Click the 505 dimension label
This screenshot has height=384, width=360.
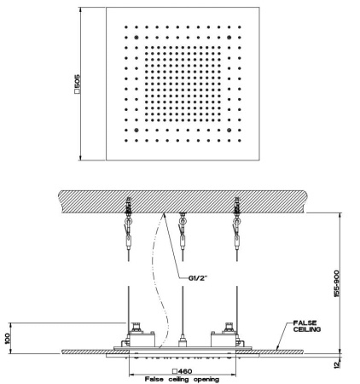(x=78, y=82)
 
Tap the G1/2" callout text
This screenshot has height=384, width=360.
(x=198, y=277)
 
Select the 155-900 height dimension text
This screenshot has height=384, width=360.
(x=337, y=283)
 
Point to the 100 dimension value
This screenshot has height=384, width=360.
(x=8, y=339)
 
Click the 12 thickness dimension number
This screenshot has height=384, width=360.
(x=336, y=364)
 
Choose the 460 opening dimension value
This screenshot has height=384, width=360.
(x=185, y=371)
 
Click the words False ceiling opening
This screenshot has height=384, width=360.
(x=182, y=379)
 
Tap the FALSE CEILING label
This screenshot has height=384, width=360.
(x=307, y=326)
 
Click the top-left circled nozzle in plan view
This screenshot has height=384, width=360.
(x=136, y=38)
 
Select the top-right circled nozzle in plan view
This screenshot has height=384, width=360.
(x=229, y=38)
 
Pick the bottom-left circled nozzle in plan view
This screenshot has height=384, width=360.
(x=136, y=130)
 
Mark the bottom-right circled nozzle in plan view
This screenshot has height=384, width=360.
(x=229, y=130)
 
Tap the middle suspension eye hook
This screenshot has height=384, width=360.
(x=183, y=221)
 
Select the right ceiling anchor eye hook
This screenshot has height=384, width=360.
(x=236, y=221)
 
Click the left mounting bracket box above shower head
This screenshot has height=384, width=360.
(x=142, y=339)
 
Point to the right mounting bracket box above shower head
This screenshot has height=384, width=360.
(x=224, y=339)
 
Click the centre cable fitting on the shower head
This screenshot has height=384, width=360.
(x=183, y=340)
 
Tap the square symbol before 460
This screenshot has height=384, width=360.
(x=175, y=371)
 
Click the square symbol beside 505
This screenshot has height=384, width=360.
(x=77, y=91)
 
